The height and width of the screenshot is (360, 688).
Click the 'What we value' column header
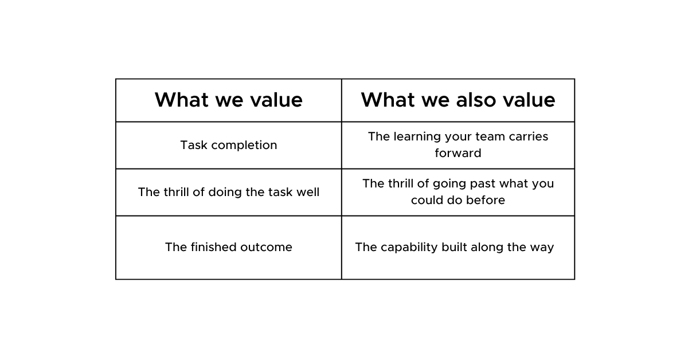[x=229, y=100]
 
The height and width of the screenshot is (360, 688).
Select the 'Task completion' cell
[x=229, y=145]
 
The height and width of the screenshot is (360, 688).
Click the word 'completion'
[x=244, y=145]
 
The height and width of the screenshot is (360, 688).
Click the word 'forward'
[x=458, y=153]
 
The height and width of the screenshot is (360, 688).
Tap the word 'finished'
[x=213, y=247]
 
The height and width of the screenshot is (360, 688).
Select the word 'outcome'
[x=266, y=247]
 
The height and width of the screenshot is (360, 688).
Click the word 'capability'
[x=409, y=247]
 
